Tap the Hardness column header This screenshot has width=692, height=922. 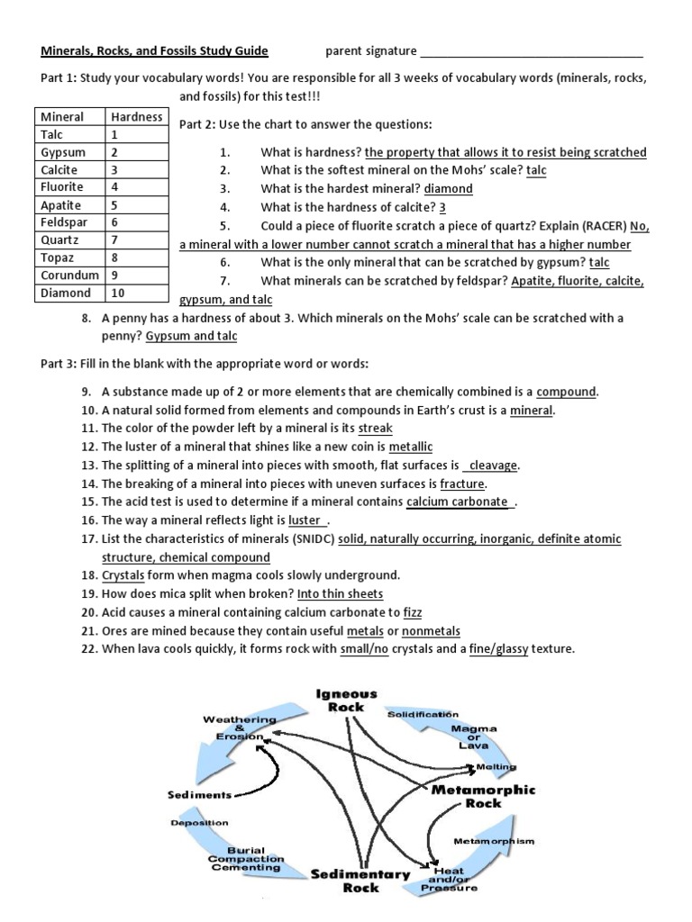[136, 116]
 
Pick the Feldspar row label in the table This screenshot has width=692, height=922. [61, 222]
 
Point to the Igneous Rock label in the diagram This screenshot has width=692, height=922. [346, 700]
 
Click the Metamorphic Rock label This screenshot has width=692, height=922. [483, 795]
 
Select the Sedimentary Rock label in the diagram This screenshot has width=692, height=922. [360, 880]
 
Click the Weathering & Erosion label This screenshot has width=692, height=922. [239, 728]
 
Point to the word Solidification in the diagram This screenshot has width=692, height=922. [423, 714]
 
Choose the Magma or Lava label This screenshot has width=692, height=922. [473, 737]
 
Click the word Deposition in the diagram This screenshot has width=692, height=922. [199, 822]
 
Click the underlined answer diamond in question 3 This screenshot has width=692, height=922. [448, 188]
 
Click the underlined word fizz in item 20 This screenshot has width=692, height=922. [413, 612]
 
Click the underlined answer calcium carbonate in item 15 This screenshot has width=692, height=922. [458, 502]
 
